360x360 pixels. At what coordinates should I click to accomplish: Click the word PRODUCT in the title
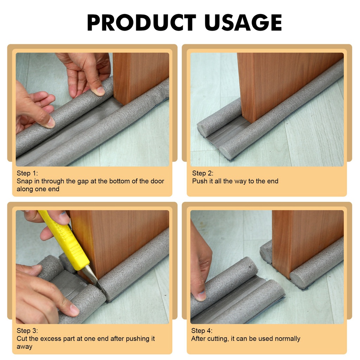point(141,22)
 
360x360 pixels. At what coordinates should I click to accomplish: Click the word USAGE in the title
point(243,22)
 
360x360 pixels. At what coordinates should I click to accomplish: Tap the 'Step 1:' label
point(27,173)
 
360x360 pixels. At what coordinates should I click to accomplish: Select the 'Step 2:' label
point(202,173)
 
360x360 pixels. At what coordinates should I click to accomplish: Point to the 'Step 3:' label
point(27,330)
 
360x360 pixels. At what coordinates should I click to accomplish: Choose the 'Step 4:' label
point(202,330)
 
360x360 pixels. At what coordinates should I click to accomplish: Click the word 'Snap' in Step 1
point(24,181)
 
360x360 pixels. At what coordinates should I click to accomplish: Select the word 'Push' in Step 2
point(200,181)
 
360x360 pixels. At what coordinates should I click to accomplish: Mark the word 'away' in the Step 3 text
point(24,347)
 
